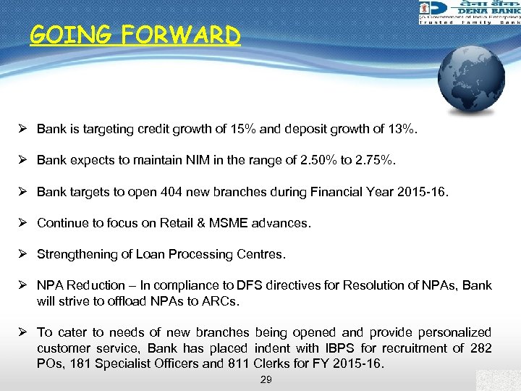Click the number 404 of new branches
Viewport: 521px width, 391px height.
(155, 192)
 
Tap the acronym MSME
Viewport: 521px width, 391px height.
(229, 223)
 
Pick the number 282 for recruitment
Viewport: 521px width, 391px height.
(481, 348)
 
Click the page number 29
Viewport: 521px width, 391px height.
(266, 379)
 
